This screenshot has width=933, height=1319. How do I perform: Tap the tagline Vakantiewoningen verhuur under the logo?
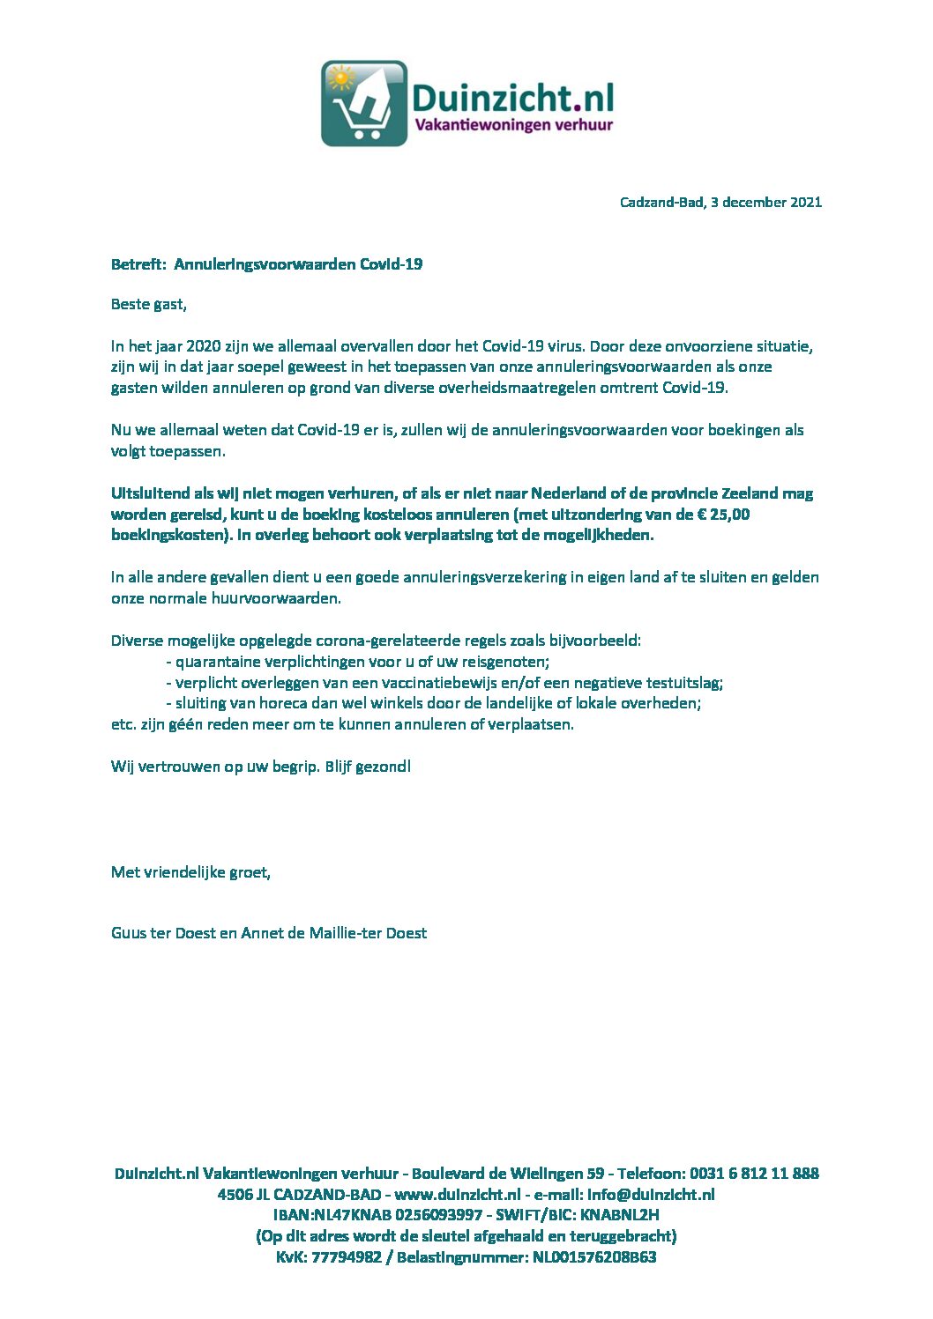(513, 125)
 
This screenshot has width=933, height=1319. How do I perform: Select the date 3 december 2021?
(765, 202)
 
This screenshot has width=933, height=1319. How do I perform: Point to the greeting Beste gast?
(148, 304)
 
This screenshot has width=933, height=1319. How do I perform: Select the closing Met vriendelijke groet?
(190, 872)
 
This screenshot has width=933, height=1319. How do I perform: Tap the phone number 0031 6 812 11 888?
(754, 1173)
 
